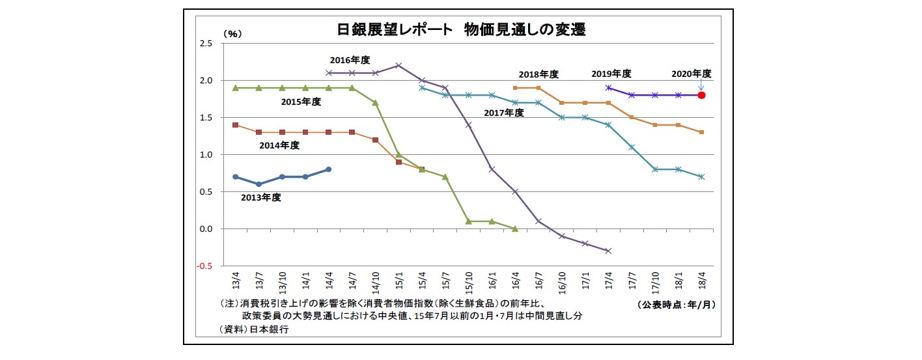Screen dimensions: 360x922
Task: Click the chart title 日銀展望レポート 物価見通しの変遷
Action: point(460,30)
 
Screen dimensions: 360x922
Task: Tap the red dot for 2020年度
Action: point(701,95)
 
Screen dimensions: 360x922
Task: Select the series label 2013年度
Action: point(262,197)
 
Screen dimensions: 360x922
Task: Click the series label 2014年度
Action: point(280,145)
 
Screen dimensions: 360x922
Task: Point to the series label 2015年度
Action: point(301,102)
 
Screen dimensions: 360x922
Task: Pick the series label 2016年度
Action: point(350,60)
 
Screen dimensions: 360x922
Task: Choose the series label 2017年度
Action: point(503,113)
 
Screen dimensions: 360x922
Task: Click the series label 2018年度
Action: point(538,74)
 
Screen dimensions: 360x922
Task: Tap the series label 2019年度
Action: point(611,74)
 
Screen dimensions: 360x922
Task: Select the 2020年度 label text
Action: point(691,74)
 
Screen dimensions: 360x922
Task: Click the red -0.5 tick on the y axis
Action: point(206,266)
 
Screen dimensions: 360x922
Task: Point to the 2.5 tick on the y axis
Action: point(206,44)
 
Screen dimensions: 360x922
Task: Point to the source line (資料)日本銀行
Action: point(254,329)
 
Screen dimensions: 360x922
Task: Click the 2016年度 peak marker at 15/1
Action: point(398,65)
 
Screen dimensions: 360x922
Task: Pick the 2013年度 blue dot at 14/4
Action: point(329,169)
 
